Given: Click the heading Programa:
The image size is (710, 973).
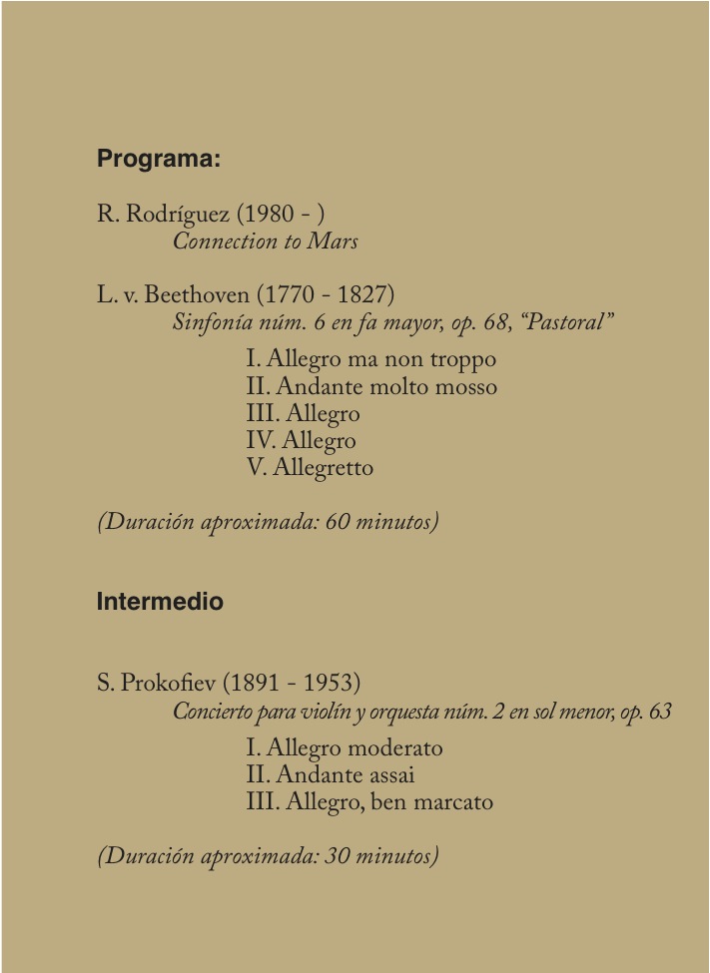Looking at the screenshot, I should click(x=158, y=159).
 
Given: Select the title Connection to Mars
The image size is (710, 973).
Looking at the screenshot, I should click(x=265, y=242).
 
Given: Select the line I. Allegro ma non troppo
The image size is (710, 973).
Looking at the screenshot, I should click(x=370, y=359).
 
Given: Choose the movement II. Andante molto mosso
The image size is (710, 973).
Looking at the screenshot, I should click(x=370, y=386).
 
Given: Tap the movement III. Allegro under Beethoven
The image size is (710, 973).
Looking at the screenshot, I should click(x=303, y=413).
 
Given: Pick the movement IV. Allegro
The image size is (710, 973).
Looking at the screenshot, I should click(x=301, y=440).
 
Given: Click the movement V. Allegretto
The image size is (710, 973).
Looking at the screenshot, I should click(x=310, y=467).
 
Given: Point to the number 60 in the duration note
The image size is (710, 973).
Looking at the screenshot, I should click(x=339, y=522).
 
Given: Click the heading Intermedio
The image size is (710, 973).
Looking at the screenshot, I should click(x=160, y=603).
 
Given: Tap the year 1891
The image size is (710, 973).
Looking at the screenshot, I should click(x=248, y=684).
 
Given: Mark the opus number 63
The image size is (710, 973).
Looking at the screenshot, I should click(x=659, y=713).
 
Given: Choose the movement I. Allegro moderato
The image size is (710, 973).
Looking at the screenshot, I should click(x=344, y=747).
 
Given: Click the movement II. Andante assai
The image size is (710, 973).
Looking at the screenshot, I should click(x=330, y=774).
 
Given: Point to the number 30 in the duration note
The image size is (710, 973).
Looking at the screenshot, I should click(x=338, y=856).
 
